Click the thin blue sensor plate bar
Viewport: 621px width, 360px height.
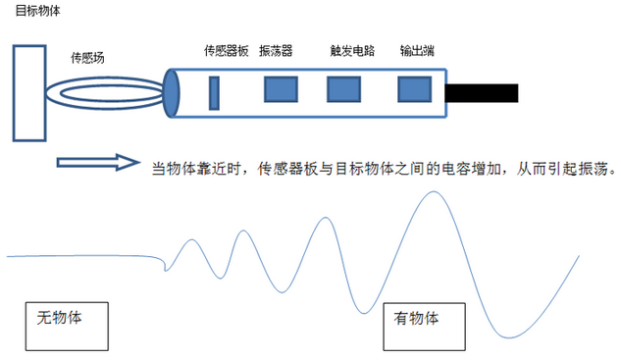(214, 91)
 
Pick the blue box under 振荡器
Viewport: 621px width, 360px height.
(281, 89)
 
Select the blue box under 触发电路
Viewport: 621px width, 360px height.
(343, 89)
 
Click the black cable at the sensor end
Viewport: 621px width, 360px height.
(481, 93)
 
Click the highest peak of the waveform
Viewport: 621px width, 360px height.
(431, 191)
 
